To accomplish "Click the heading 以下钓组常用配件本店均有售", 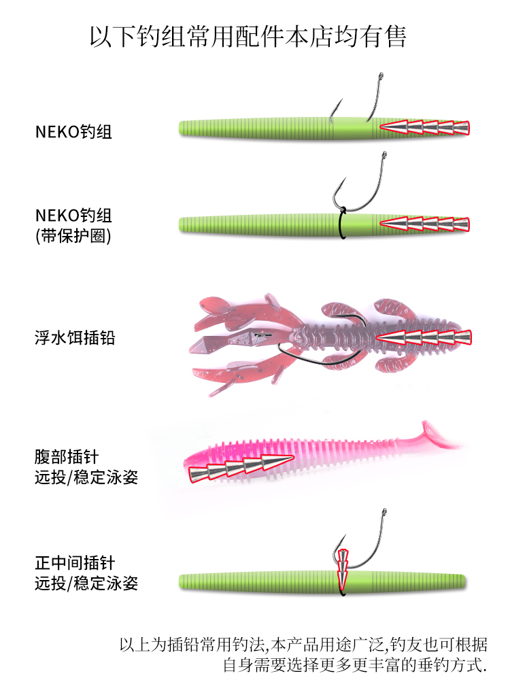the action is [248, 37].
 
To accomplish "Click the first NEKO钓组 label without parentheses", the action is [73, 132].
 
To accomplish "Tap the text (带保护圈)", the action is [73, 236].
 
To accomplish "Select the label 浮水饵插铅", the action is [75, 338].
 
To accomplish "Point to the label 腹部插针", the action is [67, 457].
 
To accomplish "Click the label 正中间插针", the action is [75, 563].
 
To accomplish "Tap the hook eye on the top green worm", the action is [381, 76].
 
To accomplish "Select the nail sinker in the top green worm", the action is [425, 128].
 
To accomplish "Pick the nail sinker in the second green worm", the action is [425, 224].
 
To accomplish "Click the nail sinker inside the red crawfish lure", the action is [424, 338].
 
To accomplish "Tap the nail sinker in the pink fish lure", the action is [241, 469].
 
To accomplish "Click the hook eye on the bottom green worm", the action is [384, 513].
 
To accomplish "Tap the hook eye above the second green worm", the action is [384, 155].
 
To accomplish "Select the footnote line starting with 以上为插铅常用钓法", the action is [303, 645].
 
